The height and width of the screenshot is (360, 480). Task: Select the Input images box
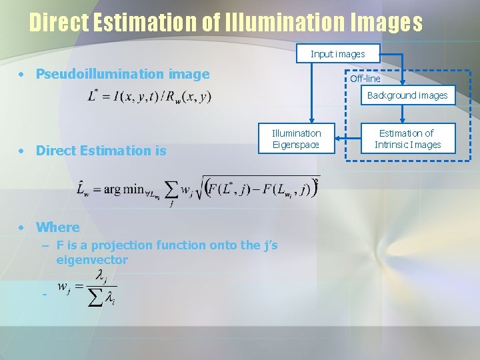337,53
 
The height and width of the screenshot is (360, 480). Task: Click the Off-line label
365,79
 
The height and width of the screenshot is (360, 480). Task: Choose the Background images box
407,95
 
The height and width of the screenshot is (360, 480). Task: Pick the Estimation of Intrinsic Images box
407,139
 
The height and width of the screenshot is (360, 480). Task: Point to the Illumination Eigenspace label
296,139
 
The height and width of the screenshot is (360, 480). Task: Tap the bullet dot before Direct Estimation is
23,151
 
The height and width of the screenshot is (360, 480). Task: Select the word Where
57,227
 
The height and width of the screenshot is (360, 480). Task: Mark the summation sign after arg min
172,191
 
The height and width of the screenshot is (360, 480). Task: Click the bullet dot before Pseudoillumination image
23,74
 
